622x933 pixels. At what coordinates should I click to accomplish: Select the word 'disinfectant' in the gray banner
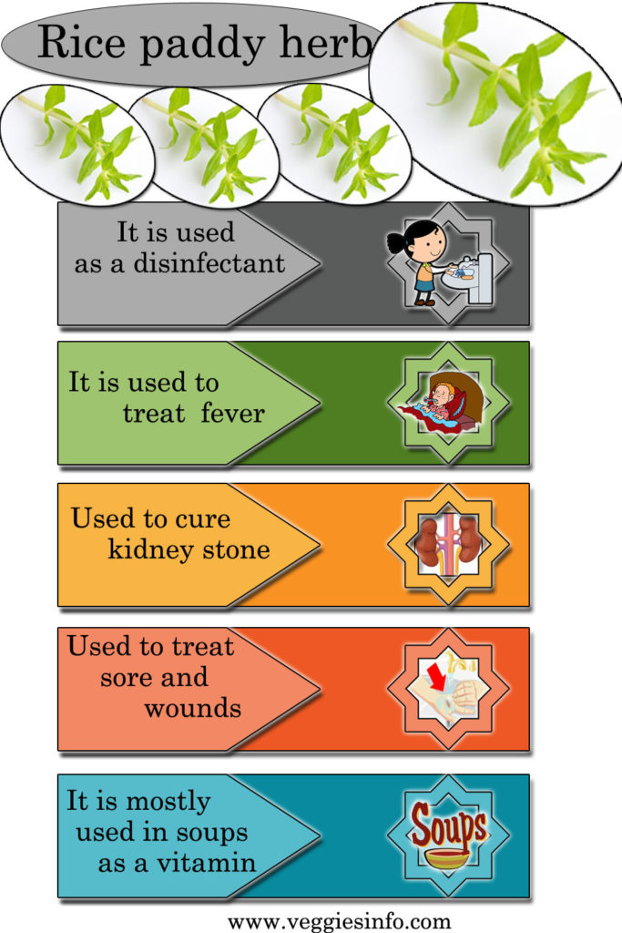(x=209, y=263)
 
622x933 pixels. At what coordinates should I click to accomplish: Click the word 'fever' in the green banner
(x=232, y=413)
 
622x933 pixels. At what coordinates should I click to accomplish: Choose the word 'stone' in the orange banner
(x=236, y=550)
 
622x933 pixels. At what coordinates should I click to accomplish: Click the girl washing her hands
(x=422, y=262)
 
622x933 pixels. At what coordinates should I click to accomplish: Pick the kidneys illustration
(x=448, y=543)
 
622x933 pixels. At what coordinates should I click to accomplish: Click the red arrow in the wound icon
(x=438, y=678)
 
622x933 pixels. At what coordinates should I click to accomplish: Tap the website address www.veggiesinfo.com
(x=339, y=922)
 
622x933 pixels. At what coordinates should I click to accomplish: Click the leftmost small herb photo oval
(x=77, y=145)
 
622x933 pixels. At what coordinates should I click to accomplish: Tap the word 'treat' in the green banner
(x=154, y=413)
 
